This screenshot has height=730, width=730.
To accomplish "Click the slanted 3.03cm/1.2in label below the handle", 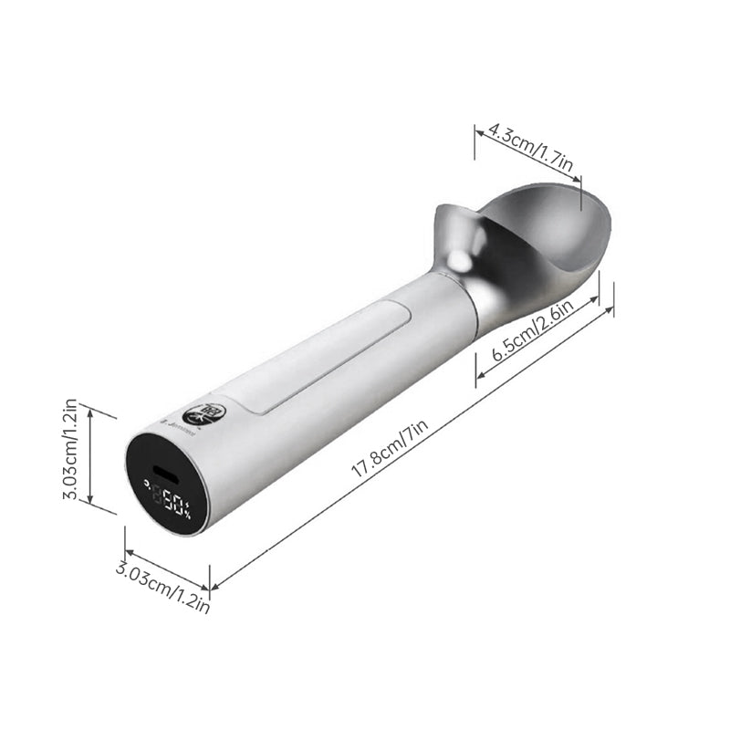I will [x=163, y=585].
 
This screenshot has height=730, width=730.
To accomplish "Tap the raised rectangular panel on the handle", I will [x=319, y=356].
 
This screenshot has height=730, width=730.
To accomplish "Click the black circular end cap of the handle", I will [x=165, y=484].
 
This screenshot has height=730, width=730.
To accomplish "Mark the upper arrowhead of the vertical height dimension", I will [x=89, y=408].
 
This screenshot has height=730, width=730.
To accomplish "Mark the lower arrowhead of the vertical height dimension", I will [x=89, y=503].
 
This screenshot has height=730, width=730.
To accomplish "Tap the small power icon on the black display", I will [x=145, y=488].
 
